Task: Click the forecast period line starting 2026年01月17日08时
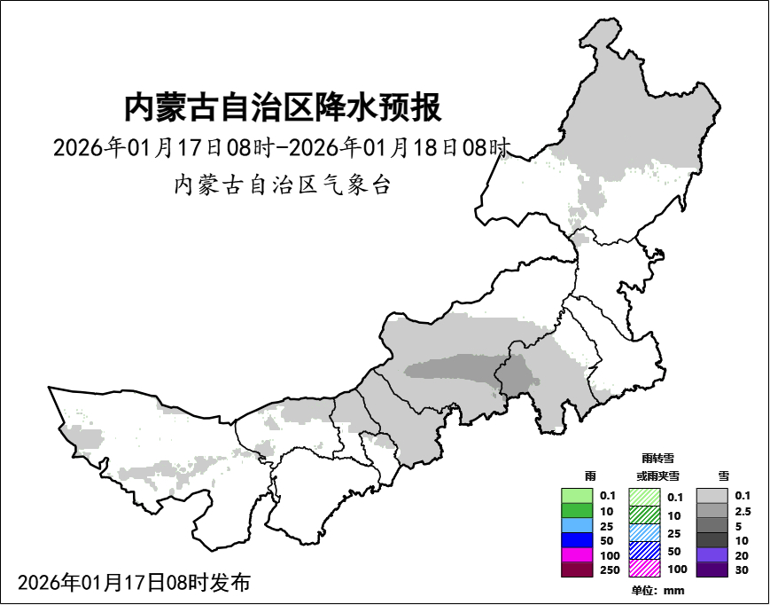point(282,147)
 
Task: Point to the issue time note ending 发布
point(134,583)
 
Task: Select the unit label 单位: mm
point(657,591)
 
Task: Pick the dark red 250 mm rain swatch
point(578,570)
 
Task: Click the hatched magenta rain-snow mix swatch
point(644,568)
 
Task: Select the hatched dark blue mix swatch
point(644,551)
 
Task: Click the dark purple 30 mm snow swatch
point(712,570)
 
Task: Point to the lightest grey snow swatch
point(712,495)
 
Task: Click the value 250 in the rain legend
point(609,570)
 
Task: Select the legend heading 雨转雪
point(657,459)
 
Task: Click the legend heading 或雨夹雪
point(657,476)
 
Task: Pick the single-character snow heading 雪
point(724,476)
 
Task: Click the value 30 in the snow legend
point(742,570)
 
